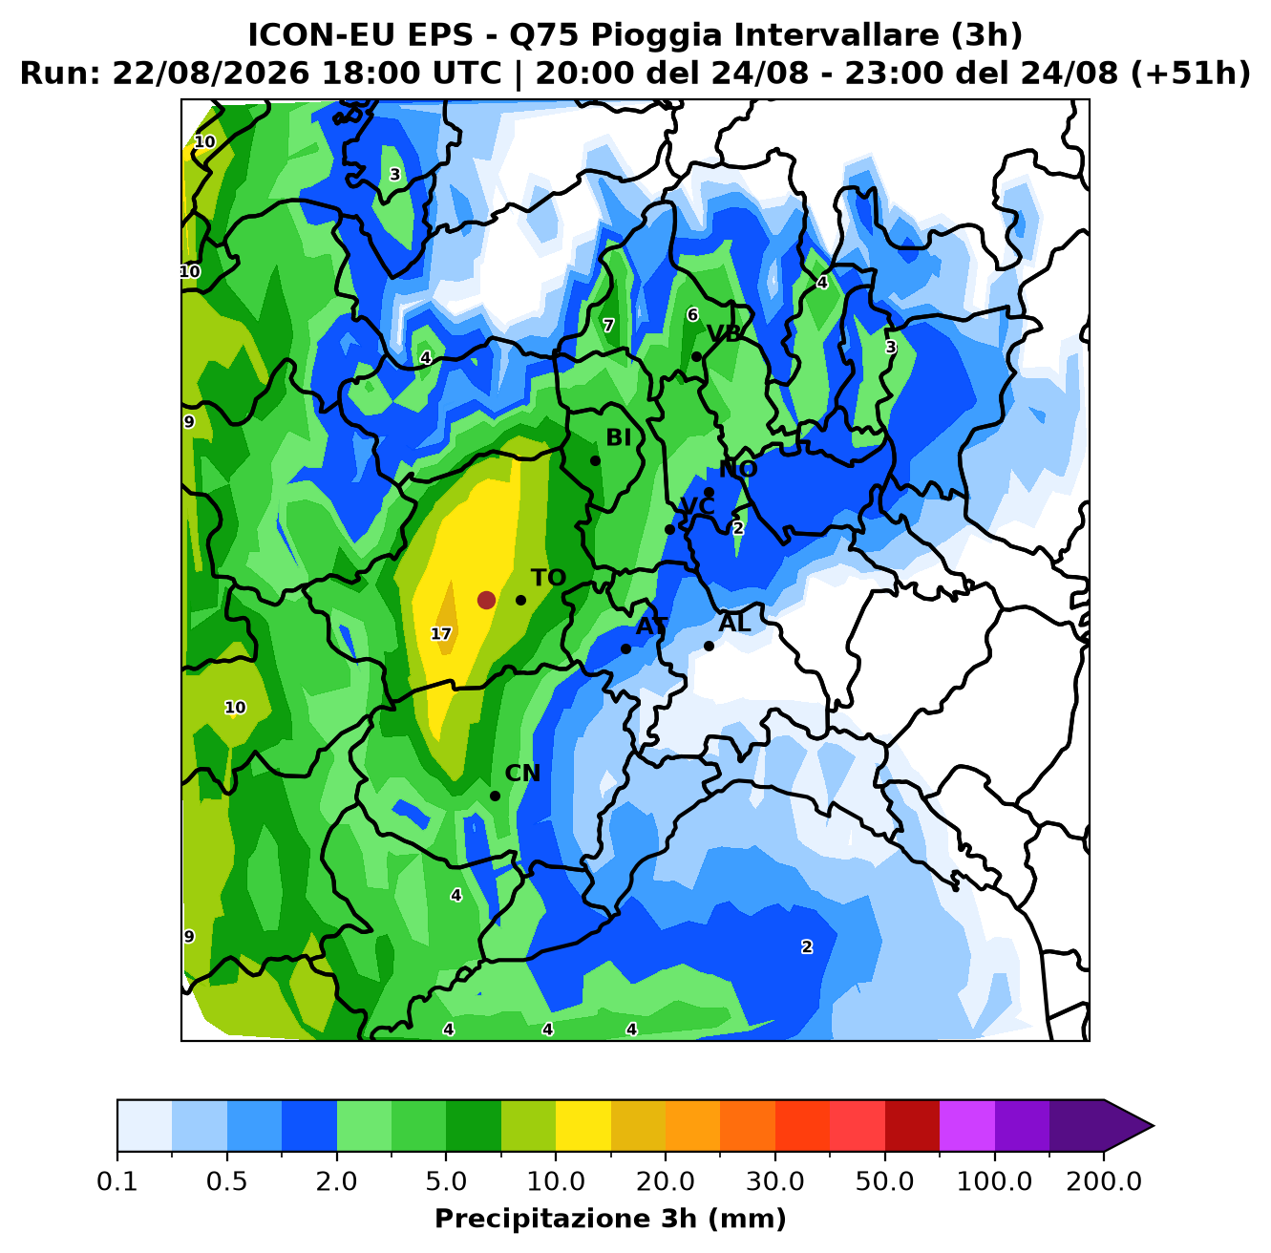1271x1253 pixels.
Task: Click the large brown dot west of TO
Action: (x=486, y=600)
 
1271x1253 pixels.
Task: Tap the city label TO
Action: (x=548, y=578)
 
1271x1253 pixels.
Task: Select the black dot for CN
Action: (x=495, y=796)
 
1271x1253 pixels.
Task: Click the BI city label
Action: (x=618, y=437)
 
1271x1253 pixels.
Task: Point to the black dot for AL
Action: (x=709, y=646)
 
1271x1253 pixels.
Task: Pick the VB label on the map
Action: (x=724, y=334)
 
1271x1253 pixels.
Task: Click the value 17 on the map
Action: (x=440, y=634)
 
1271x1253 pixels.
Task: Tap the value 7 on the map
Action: (x=608, y=326)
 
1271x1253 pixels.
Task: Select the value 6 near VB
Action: (x=692, y=315)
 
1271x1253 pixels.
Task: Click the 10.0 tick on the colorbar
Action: (x=556, y=1180)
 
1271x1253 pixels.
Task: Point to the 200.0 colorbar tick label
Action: (x=1104, y=1180)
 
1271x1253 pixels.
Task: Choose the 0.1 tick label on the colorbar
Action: (x=117, y=1180)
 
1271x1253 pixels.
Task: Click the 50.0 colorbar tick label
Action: (x=884, y=1180)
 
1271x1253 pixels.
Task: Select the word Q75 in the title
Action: (x=545, y=35)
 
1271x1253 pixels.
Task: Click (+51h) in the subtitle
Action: (x=1190, y=73)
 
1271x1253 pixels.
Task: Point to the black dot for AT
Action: (x=625, y=648)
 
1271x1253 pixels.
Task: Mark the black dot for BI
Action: (x=595, y=460)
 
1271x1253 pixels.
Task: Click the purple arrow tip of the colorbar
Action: (x=1153, y=1126)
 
